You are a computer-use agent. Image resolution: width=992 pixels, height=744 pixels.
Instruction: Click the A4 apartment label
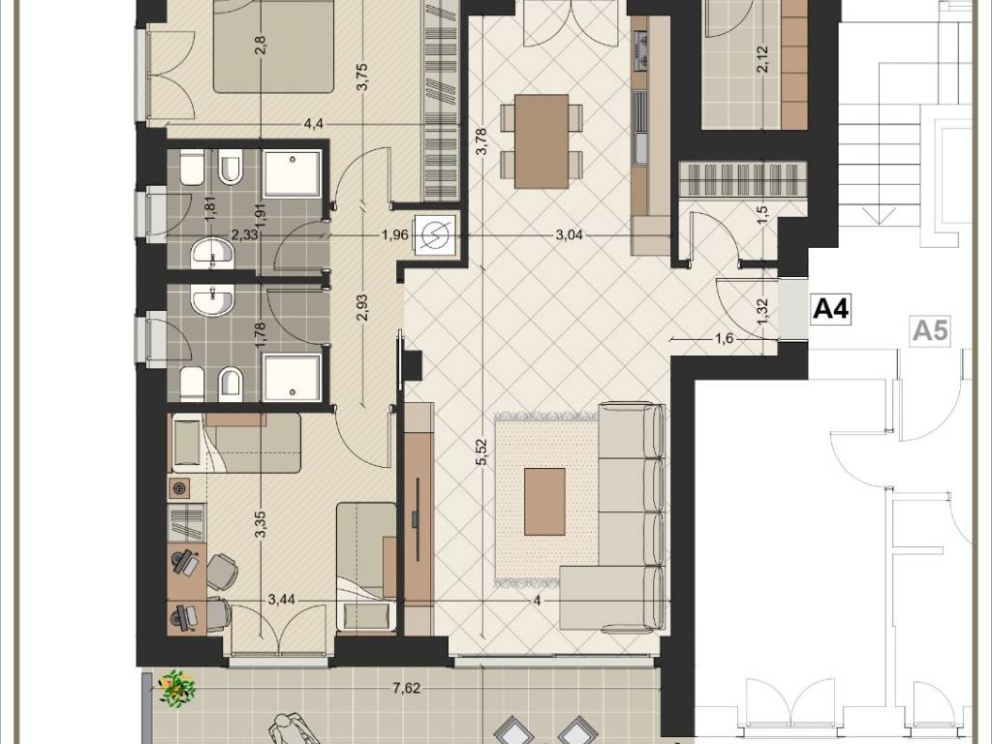(x=830, y=309)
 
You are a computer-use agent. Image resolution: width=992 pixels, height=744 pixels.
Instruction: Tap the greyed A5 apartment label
(x=930, y=330)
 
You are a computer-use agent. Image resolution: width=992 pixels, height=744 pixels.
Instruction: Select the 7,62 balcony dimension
(x=406, y=688)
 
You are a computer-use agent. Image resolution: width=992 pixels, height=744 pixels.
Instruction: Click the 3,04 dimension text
(x=569, y=235)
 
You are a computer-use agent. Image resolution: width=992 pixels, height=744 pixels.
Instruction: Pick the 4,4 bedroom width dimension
(x=314, y=124)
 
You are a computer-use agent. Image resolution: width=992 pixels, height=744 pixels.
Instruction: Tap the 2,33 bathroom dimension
(x=243, y=235)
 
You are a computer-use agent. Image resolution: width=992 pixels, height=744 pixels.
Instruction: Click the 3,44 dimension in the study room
(x=282, y=600)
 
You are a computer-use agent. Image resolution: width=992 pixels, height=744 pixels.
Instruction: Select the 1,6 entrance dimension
(x=724, y=338)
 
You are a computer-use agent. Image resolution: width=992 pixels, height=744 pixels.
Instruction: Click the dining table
(x=542, y=141)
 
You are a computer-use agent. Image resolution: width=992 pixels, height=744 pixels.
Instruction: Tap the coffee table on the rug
(x=544, y=501)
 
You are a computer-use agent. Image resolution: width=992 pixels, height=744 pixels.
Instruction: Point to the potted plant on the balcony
(x=176, y=688)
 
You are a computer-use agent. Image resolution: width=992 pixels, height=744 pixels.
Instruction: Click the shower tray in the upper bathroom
(x=292, y=172)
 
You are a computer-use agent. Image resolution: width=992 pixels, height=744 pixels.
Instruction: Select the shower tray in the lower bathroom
(x=292, y=378)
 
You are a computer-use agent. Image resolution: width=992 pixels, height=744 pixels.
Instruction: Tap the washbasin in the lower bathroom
(x=212, y=299)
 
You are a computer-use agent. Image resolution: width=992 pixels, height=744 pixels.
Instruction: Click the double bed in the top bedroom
(x=272, y=46)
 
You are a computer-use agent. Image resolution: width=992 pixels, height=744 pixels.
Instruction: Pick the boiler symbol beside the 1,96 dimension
(x=435, y=236)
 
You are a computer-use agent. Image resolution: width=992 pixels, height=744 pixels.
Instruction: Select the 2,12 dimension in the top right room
(x=762, y=59)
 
